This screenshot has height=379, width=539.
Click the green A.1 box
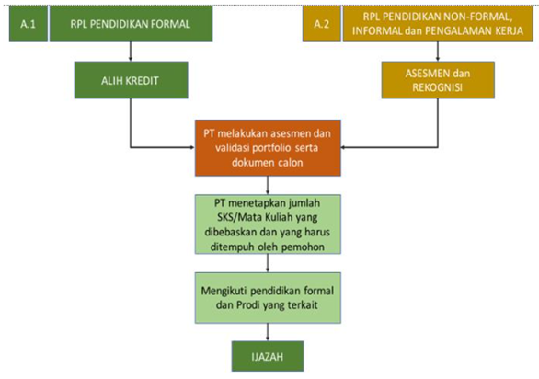[x=29, y=24]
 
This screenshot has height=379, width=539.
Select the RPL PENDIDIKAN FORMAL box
[x=131, y=24]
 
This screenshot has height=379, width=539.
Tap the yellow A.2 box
[x=322, y=24]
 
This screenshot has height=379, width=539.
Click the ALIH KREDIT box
[x=131, y=80]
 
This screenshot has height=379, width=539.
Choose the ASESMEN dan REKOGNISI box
[x=438, y=80]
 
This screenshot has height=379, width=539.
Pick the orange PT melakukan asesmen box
[x=268, y=148]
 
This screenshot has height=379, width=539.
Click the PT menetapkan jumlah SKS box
[x=268, y=224]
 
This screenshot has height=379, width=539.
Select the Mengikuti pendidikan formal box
[x=268, y=298]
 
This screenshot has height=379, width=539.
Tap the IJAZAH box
[x=268, y=356]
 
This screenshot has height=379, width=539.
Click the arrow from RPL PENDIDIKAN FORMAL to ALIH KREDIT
[x=131, y=52]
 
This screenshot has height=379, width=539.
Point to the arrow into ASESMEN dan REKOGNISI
[x=438, y=52]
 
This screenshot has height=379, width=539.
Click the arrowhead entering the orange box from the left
[x=193, y=148]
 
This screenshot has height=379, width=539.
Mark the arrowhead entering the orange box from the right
[x=343, y=148]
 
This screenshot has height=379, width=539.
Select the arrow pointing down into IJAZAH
[x=268, y=332]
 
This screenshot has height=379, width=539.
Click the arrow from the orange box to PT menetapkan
[x=268, y=186]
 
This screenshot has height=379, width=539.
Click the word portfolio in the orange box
[x=271, y=148]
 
